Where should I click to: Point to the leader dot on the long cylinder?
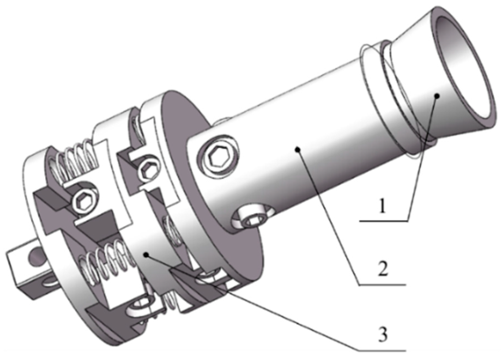[298, 149]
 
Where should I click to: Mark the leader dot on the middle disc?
[146, 255]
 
